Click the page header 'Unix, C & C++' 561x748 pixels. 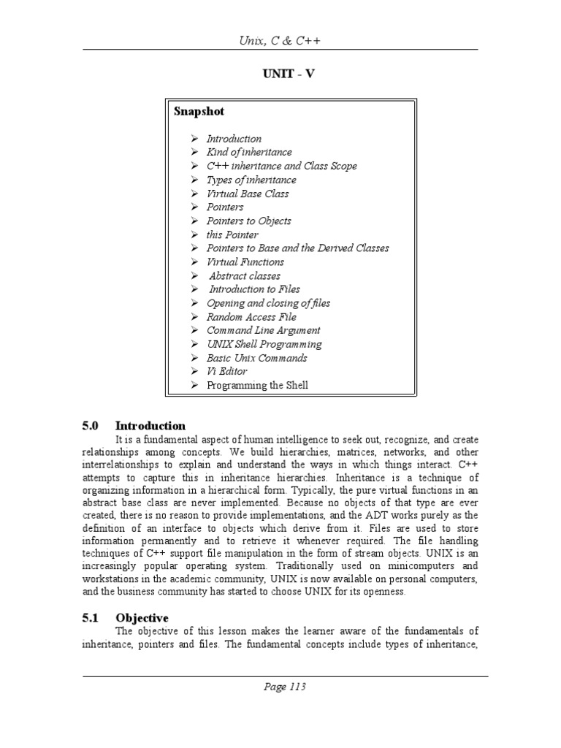point(280,41)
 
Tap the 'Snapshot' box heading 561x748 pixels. point(199,112)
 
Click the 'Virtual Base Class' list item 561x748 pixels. point(247,194)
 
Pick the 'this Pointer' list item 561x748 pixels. point(232,234)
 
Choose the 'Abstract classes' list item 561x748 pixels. point(244,276)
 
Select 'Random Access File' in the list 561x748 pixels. point(251,317)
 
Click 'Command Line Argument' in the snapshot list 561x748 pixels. point(263,330)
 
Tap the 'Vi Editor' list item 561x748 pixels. point(226,371)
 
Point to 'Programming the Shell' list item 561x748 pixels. point(257,385)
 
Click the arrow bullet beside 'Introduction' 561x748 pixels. point(195,139)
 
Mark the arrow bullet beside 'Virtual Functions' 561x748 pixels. point(195,262)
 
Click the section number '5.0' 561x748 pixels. point(91,426)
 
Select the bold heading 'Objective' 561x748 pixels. point(142,618)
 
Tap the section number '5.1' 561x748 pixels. point(91,618)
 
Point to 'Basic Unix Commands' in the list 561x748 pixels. point(256,358)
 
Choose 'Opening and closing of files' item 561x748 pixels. point(268,303)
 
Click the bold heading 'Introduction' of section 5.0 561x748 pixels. point(150,426)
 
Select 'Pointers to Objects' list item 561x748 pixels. point(248,221)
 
